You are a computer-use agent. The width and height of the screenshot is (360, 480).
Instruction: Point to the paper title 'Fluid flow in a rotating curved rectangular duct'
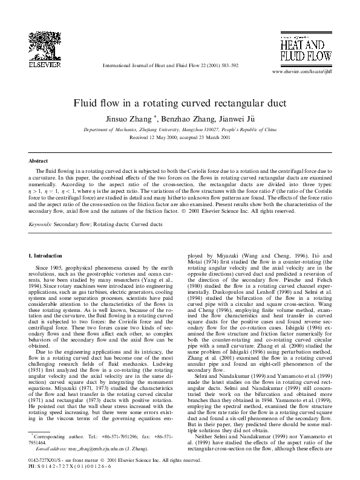click(180, 103)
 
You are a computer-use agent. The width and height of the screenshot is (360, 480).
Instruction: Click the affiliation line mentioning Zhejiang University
click(180, 129)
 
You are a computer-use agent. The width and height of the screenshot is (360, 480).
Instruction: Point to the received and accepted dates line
click(180, 137)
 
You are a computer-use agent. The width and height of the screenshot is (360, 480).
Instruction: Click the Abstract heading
click(38, 161)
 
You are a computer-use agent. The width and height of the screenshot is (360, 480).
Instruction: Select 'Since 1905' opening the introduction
click(50, 266)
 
